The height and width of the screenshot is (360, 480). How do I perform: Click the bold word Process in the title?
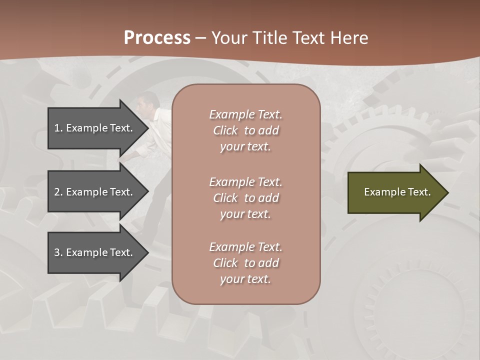157,38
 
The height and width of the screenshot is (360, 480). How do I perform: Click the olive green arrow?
395,192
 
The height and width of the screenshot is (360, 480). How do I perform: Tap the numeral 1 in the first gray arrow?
57,128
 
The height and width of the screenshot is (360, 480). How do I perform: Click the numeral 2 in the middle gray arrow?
57,192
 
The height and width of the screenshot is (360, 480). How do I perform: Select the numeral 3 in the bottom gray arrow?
57,252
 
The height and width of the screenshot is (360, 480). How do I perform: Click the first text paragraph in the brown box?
245,130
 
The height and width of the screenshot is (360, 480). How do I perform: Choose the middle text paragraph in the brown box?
245,198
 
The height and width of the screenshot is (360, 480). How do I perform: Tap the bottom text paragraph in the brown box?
245,263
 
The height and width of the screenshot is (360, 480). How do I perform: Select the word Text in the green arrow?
420,192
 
